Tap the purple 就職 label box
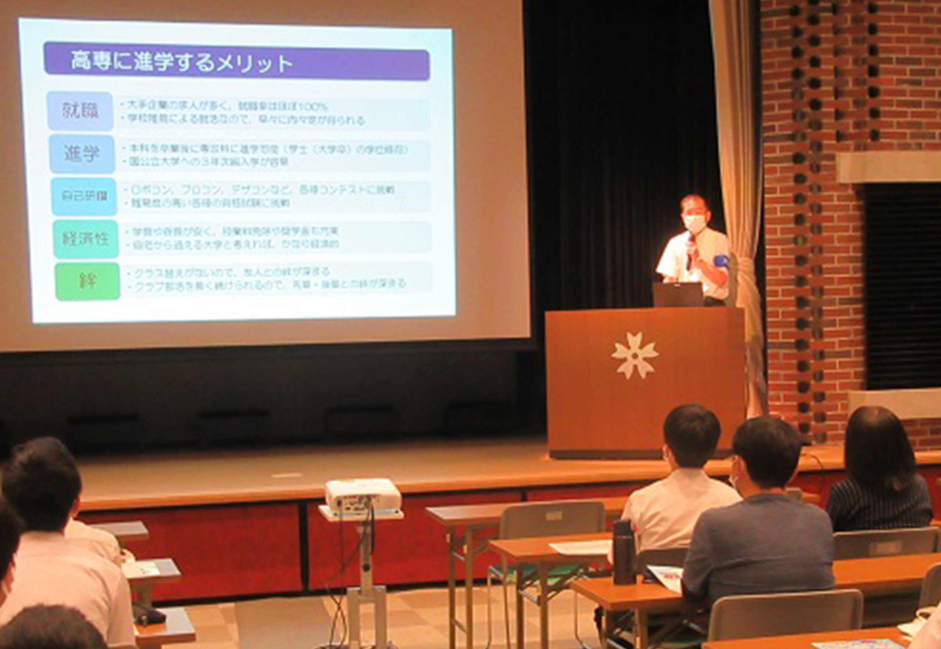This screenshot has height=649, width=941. click(80, 111)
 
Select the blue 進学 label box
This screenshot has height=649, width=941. click(82, 154)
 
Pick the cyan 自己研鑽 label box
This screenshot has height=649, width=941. click(84, 196)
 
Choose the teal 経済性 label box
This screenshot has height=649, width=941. click(86, 239)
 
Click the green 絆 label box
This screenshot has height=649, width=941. click(87, 281)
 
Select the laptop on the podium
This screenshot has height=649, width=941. click(677, 294)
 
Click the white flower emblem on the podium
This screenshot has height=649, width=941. click(635, 355)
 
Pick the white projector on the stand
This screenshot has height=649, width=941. click(362, 495)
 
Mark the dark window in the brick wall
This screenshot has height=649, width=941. click(903, 285)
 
